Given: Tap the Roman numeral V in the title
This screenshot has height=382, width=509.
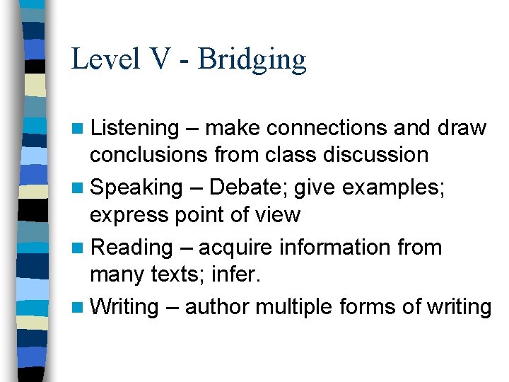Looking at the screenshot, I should pyautogui.click(x=160, y=59).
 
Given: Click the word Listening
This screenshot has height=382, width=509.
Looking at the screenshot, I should pyautogui.click(x=136, y=128).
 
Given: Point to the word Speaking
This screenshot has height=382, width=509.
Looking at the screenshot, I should pyautogui.click(x=136, y=187).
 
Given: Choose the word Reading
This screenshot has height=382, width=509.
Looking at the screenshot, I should pyautogui.click(x=132, y=248).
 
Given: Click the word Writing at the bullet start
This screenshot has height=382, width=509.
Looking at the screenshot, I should pyautogui.click(x=124, y=307).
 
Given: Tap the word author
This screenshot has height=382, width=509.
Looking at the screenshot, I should pyautogui.click(x=217, y=307).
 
